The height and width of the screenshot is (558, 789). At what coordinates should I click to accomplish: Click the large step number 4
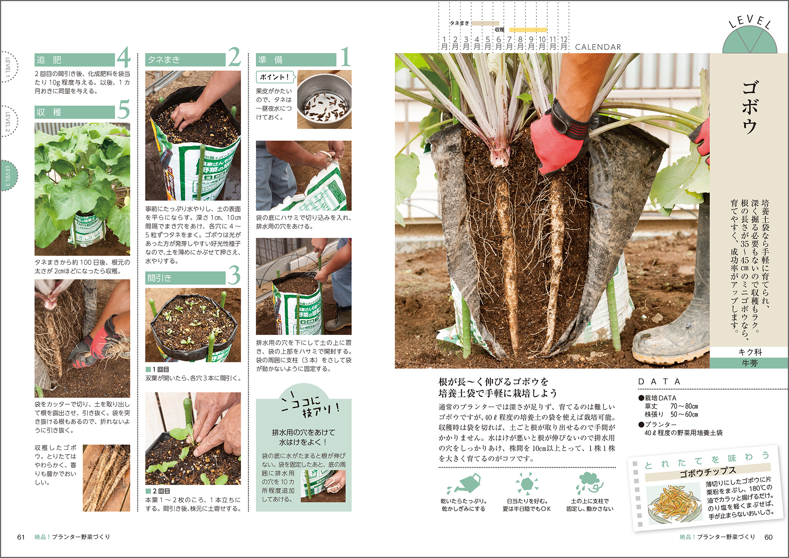123,58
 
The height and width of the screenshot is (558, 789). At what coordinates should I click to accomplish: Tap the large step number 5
123,109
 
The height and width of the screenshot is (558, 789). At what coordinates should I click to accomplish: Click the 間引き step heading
159,278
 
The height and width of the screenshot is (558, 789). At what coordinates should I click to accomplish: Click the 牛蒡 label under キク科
749,363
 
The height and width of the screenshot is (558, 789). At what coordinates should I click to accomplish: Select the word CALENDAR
598,47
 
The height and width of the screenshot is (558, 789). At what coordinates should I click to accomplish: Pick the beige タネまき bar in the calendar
485,23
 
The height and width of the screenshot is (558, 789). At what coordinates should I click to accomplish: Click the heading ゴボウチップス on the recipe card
707,472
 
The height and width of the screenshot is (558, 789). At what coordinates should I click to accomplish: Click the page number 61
21,537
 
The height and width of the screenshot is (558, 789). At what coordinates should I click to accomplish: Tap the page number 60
768,537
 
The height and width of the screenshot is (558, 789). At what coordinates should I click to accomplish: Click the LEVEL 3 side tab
8,175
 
